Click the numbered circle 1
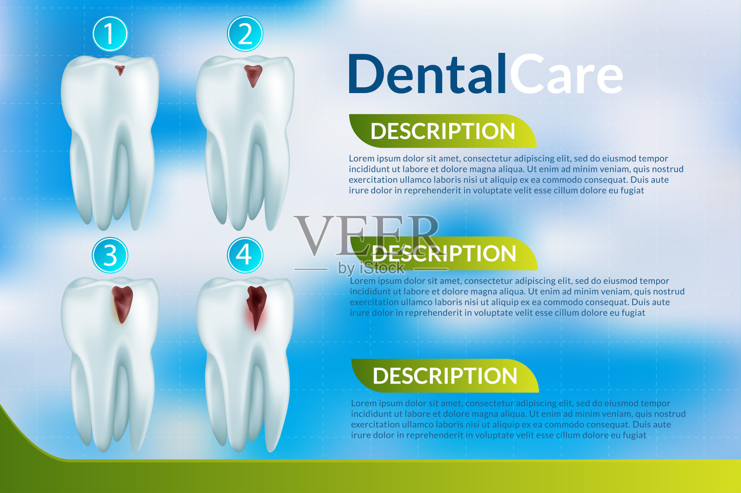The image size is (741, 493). pyautogui.click(x=110, y=34)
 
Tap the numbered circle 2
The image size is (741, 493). pyautogui.click(x=245, y=34)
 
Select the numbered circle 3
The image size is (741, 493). pyautogui.click(x=110, y=255)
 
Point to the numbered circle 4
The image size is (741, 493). pyautogui.click(x=245, y=255)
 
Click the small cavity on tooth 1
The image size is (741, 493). pyautogui.click(x=120, y=70)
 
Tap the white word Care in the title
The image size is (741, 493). pyautogui.click(x=566, y=74)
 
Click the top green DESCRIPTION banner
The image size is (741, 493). pyautogui.click(x=443, y=131)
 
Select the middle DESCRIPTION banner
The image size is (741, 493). pyautogui.click(x=444, y=253)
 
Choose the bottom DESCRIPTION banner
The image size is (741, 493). pyautogui.click(x=445, y=376)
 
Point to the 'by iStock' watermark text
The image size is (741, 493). pyautogui.click(x=371, y=268)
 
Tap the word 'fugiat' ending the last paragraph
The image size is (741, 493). pyautogui.click(x=634, y=436)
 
